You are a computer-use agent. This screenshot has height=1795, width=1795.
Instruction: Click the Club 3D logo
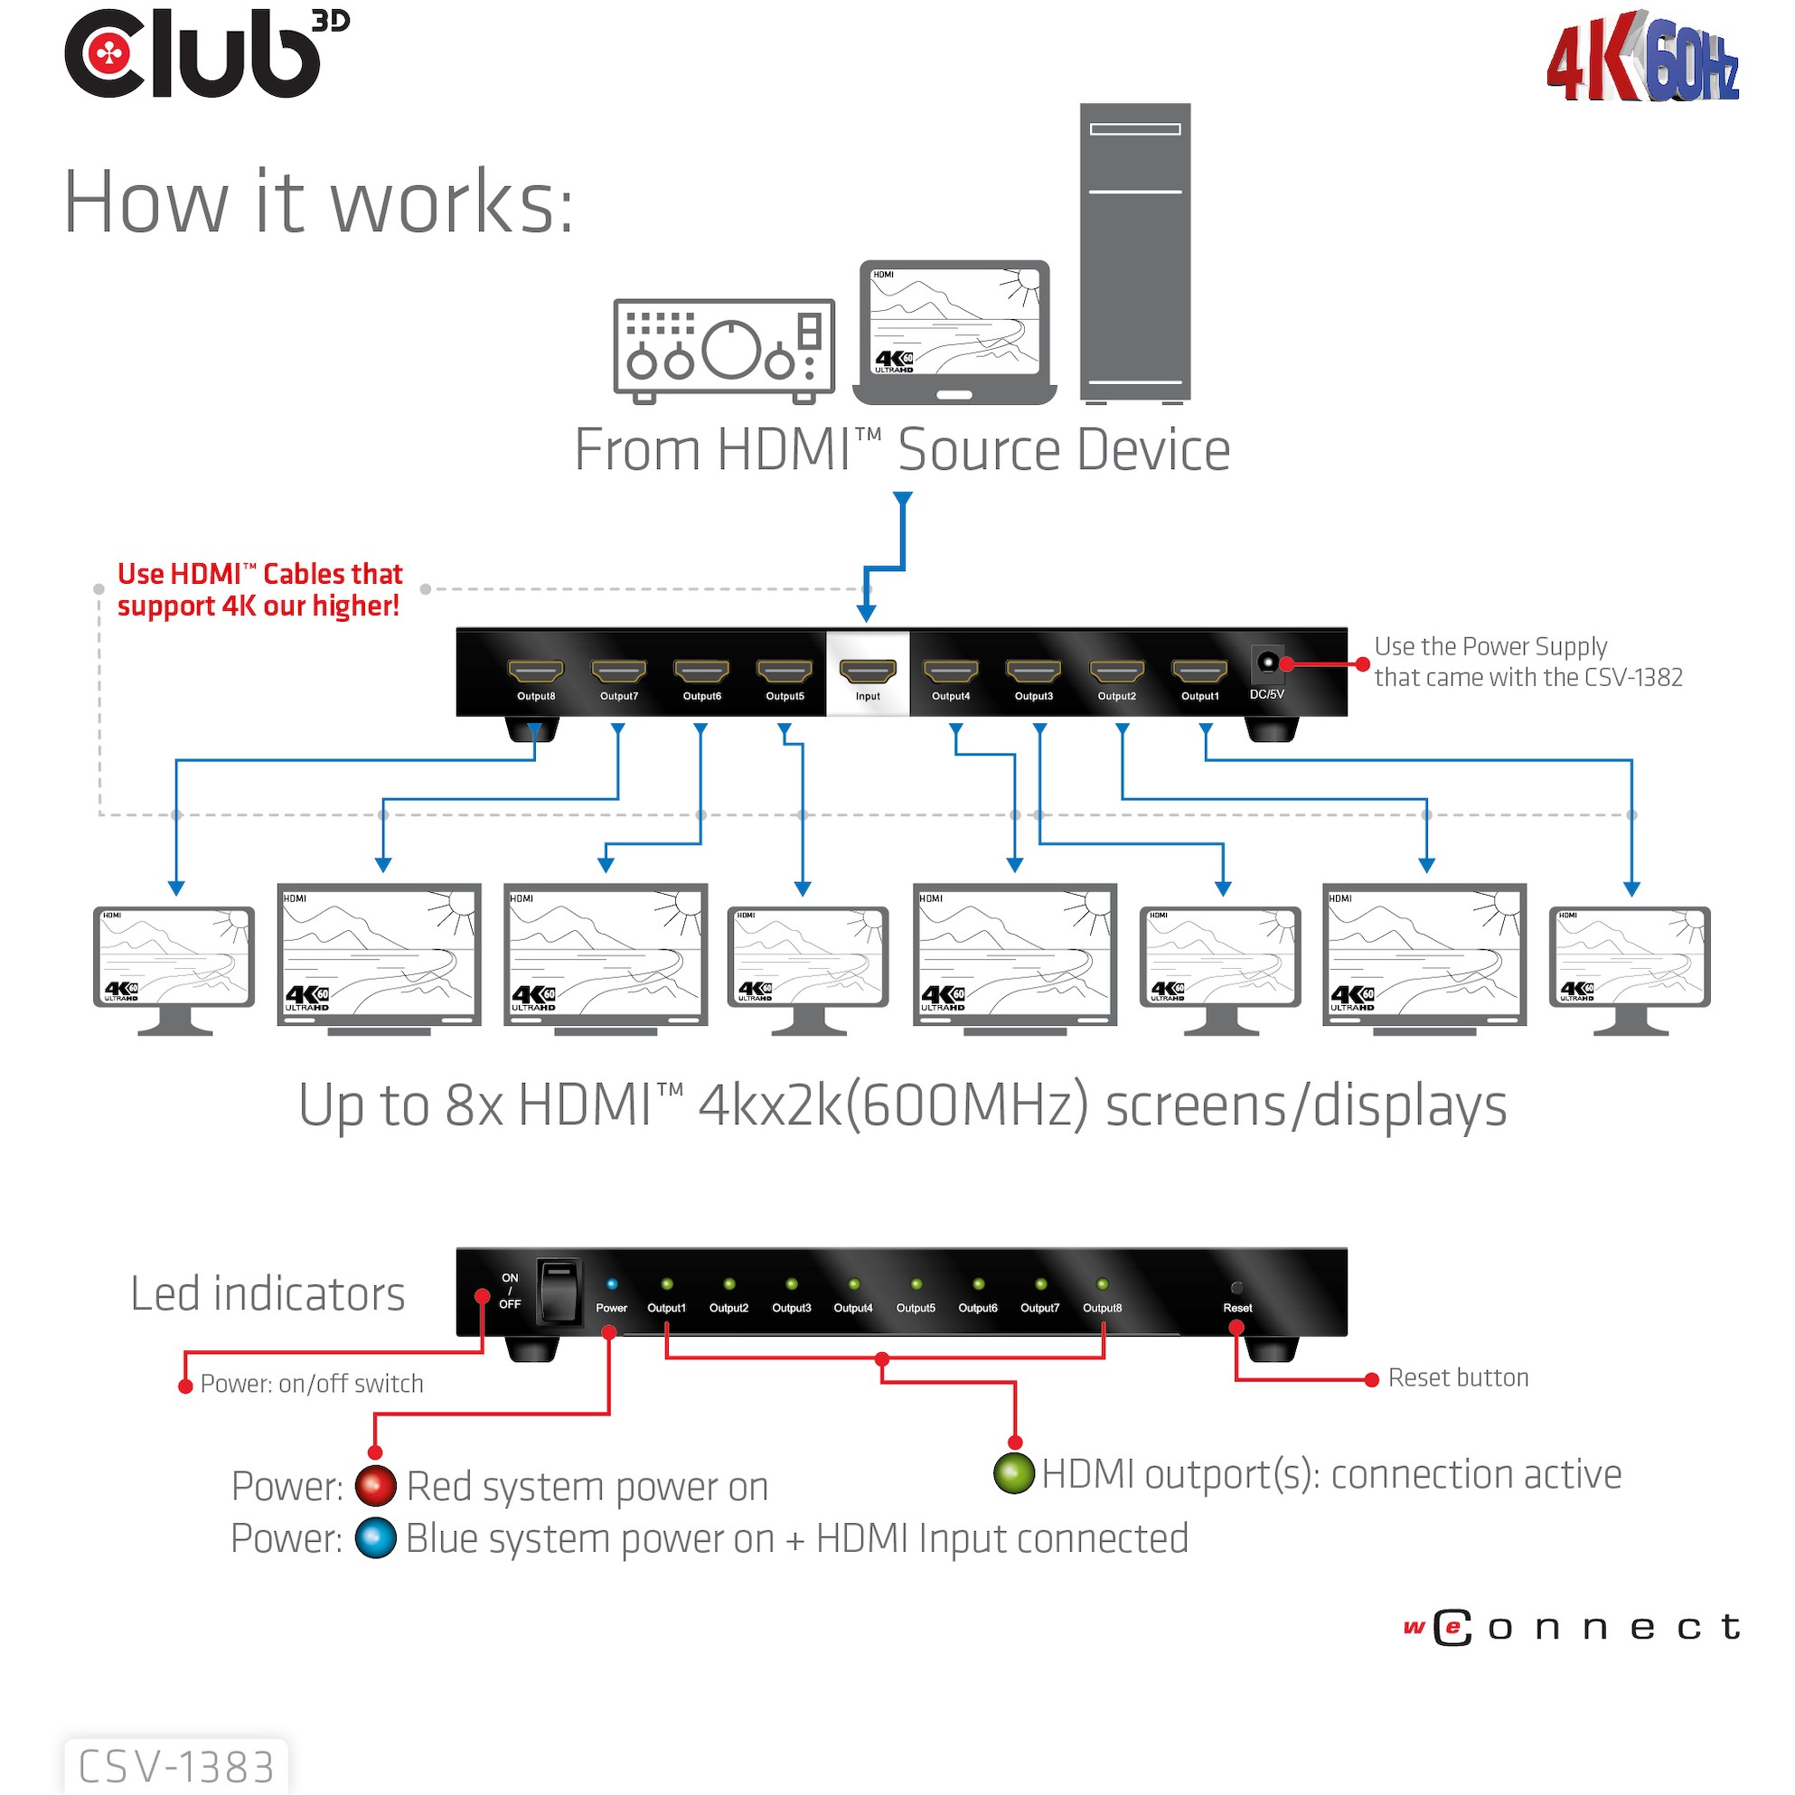204,54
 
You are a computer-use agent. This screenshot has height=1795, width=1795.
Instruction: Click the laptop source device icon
954,333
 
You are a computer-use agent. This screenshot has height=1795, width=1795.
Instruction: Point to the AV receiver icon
724,352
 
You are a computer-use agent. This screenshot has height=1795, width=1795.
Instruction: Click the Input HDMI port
867,670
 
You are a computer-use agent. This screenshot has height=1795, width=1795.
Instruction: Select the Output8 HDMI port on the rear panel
535,670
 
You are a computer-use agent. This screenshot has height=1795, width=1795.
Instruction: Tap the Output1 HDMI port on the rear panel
1199,670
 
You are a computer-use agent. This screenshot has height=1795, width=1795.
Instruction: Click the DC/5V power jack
1266,663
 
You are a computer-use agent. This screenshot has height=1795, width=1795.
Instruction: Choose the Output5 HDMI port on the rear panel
785,670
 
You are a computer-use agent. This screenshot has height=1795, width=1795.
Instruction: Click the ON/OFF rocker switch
559,1291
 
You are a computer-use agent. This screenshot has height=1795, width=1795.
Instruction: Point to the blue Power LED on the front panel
611,1284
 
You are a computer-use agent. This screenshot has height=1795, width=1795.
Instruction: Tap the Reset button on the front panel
1236,1288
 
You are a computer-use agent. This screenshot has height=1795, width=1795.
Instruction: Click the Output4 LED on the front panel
853,1284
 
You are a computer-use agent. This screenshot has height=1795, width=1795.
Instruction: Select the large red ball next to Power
375,1486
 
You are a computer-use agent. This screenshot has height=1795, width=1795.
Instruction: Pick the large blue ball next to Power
375,1537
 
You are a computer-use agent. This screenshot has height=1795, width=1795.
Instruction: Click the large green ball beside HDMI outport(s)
1013,1473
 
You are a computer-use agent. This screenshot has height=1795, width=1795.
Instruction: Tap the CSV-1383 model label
176,1766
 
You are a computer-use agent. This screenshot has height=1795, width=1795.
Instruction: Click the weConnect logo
1571,1627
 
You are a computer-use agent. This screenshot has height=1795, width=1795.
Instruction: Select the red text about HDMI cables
259,589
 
